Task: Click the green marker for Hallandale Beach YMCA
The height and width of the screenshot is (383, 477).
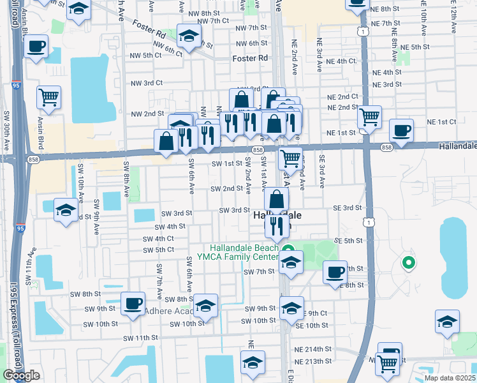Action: click(x=288, y=249)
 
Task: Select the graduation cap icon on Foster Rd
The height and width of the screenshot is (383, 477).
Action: click(x=189, y=36)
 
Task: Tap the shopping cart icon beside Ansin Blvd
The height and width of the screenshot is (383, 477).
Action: click(x=48, y=96)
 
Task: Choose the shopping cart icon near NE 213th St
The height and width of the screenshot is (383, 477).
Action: click(x=387, y=363)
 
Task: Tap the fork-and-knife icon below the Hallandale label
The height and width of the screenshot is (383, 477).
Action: click(x=276, y=225)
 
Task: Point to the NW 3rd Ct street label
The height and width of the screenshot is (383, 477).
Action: click(x=147, y=83)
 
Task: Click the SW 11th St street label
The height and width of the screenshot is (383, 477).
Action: click(x=140, y=338)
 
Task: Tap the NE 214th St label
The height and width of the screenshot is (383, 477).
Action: click(x=312, y=349)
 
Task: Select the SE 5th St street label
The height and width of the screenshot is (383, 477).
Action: click(x=348, y=241)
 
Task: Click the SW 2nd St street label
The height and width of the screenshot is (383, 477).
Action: click(x=228, y=189)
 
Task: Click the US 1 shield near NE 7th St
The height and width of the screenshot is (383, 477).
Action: click(x=363, y=31)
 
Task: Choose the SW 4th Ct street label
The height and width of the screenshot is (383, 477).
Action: click(x=159, y=239)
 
